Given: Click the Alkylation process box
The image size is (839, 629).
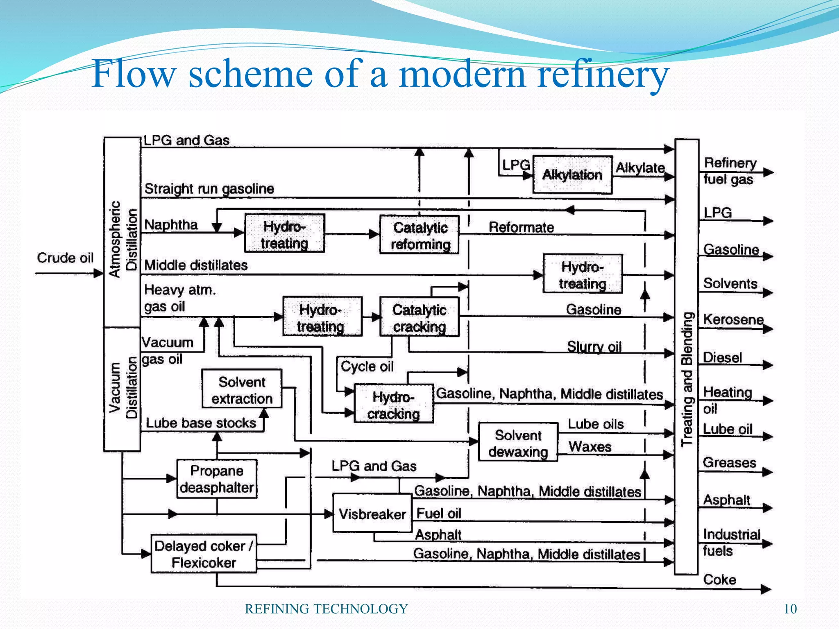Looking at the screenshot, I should click(572, 175).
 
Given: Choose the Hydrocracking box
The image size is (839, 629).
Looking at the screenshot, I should click(393, 404).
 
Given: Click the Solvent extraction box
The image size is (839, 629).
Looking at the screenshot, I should click(242, 389).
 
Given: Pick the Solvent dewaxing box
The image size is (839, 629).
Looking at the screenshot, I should click(518, 443).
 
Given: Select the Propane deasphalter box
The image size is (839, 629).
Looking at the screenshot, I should click(217, 479).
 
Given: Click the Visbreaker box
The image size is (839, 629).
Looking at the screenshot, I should click(372, 514).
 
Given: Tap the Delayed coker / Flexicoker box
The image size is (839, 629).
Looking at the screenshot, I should click(204, 554).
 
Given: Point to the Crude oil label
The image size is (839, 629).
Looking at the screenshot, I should click(65, 258).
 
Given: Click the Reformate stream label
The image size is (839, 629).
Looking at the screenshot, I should click(521, 227).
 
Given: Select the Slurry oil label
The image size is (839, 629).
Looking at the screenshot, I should click(594, 347).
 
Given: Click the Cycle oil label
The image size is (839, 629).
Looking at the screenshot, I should click(367, 366).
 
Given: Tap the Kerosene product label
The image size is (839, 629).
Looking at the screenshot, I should click(733, 319).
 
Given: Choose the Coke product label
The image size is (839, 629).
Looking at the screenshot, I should click(719, 579).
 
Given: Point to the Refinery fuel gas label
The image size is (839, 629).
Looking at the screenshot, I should click(729, 171).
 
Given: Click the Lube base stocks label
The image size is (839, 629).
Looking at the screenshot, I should click(201, 423).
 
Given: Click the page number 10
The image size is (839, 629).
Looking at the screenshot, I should click(790, 609).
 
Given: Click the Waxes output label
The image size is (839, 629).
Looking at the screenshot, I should click(590, 446).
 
